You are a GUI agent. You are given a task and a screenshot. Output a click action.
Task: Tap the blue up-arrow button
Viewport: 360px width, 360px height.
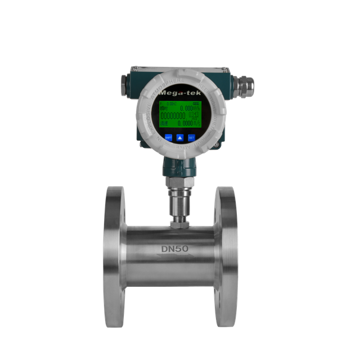pos(180,137)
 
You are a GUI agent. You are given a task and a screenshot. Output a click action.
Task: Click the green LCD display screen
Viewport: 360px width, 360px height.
pos(179,115)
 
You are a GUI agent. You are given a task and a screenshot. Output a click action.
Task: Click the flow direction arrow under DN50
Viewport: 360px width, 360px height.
pos(179,257)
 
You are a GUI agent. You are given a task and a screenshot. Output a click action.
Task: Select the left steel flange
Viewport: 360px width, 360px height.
pos(115,256)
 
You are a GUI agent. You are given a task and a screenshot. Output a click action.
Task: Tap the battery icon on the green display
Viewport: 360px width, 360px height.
pos(195,104)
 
